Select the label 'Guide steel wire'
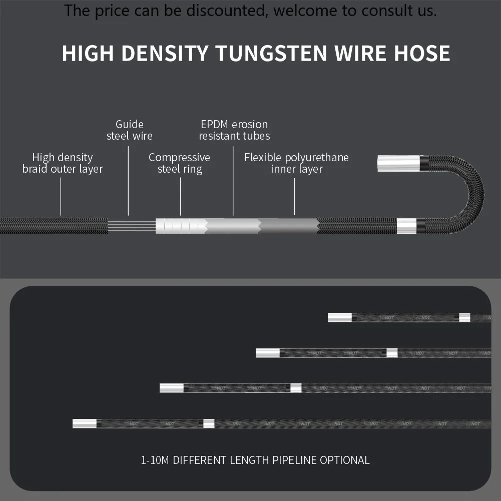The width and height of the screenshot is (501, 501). click(x=129, y=130)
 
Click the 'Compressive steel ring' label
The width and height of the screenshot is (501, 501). click(x=180, y=163)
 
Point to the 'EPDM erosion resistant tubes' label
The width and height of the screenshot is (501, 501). click(x=234, y=130)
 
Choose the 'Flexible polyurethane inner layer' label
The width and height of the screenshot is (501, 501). click(x=296, y=163)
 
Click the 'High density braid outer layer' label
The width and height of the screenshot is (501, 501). click(x=63, y=163)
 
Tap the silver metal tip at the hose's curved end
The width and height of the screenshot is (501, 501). click(x=398, y=163)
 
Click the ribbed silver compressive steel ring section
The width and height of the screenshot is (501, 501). click(x=180, y=226)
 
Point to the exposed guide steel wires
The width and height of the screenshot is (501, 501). click(x=131, y=226)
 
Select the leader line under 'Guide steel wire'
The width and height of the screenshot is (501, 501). click(x=129, y=180)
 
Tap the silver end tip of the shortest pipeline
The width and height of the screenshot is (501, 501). click(x=340, y=317)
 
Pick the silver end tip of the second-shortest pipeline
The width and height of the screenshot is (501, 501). click(x=268, y=353)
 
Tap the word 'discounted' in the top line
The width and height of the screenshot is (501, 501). click(x=230, y=11)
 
